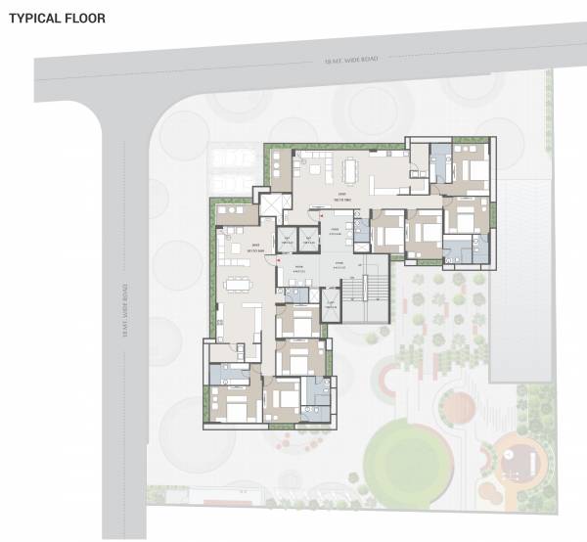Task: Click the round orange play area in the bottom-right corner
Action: [x=521, y=458]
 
